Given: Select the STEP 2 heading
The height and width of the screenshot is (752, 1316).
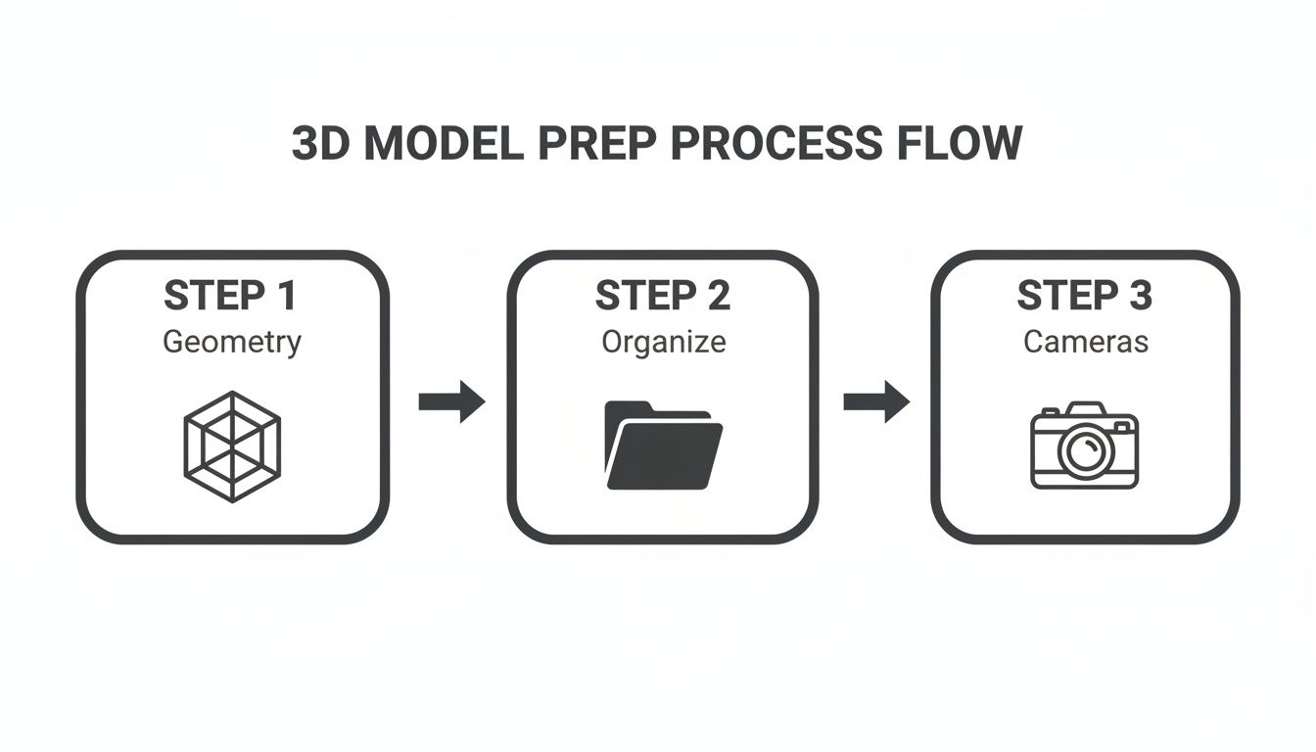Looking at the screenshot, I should [x=663, y=297].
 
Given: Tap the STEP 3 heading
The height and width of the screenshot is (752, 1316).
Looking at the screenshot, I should [x=1085, y=297].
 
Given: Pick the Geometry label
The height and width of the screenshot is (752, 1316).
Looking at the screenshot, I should [x=232, y=343].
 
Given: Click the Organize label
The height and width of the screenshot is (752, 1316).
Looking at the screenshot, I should [x=663, y=343].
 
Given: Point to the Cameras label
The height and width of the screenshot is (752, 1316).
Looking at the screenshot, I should [x=1085, y=343].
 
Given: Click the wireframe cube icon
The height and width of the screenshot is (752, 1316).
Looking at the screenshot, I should [x=232, y=446].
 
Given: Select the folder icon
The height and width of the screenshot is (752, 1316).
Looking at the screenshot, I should [x=663, y=446].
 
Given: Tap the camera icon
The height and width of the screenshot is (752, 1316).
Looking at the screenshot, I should [x=1085, y=446].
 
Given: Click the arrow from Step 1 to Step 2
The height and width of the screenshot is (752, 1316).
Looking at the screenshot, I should [x=451, y=401].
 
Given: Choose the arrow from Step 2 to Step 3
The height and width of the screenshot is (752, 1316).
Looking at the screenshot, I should [x=876, y=401].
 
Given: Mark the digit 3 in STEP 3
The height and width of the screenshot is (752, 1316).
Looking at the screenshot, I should [x=1139, y=297].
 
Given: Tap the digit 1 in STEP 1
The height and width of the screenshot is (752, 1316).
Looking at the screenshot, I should [x=286, y=297].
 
